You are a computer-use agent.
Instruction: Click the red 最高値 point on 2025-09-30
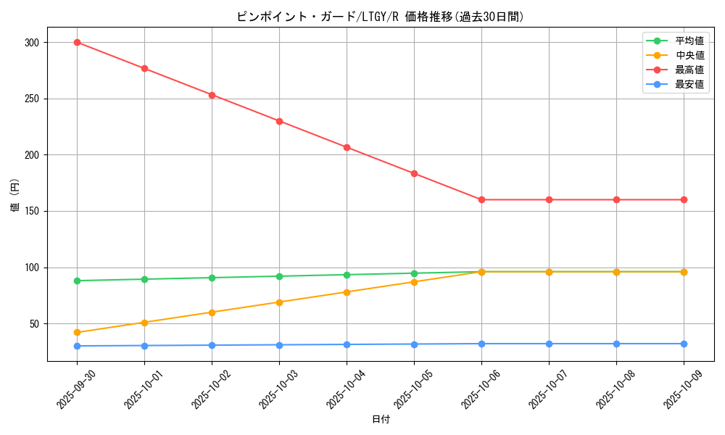(77, 42)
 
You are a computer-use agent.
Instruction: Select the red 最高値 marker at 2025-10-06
(481, 199)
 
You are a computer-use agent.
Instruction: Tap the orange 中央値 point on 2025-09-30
(77, 333)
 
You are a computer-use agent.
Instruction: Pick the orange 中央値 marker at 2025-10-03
(279, 302)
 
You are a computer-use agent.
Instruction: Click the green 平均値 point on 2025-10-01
(144, 279)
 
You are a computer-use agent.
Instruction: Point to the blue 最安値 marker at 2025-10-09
(684, 344)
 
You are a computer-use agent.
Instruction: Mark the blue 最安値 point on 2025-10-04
(347, 344)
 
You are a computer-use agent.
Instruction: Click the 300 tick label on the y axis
(30, 43)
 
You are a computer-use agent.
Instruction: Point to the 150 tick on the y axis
(30, 212)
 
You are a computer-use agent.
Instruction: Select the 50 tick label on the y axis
(33, 324)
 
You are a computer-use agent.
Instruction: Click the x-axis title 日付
(381, 420)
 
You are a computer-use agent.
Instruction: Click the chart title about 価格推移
(381, 17)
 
